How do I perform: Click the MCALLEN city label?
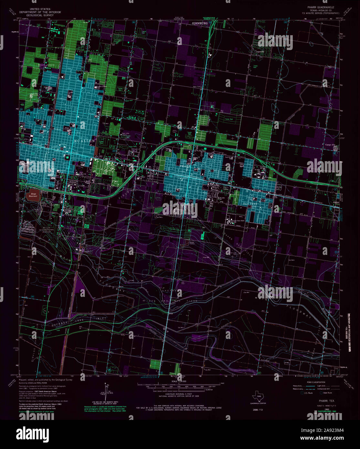click(x=85, y=141)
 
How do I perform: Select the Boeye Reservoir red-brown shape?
click(x=33, y=195)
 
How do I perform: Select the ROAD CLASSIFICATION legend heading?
click(x=316, y=382)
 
